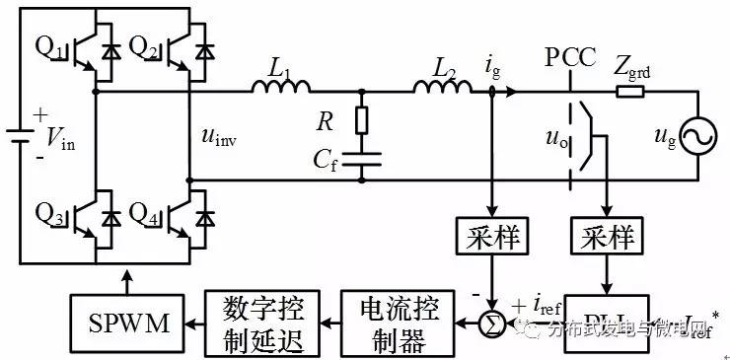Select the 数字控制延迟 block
click(259, 323)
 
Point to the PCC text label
click(570, 56)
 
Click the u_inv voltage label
click(219, 139)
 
